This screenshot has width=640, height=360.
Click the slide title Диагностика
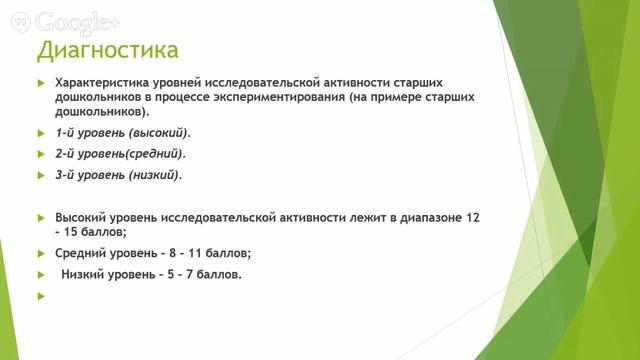108,49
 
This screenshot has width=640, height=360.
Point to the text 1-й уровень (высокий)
122,132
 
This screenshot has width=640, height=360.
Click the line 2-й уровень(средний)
120,154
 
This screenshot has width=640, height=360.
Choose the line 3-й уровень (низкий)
118,175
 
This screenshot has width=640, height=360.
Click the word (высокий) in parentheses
158,132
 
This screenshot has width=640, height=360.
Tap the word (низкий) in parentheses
155,175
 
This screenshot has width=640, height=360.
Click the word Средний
81,253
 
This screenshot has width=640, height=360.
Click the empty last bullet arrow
40,296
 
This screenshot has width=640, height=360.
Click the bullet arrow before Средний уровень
40,253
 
